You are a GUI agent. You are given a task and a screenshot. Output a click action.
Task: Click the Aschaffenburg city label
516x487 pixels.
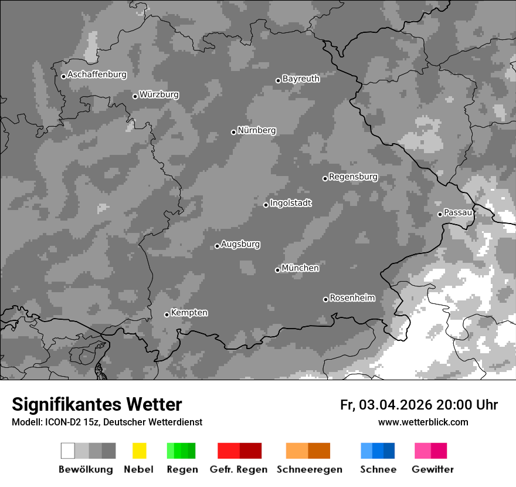[97, 75]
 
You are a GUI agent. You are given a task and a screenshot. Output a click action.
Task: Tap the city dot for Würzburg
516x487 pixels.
[135, 96]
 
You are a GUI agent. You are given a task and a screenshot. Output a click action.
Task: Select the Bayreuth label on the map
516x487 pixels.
[301, 79]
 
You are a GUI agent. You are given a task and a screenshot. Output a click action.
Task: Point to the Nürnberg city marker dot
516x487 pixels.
[233, 132]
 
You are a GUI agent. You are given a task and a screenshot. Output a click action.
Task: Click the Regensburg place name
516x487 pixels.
[353, 177]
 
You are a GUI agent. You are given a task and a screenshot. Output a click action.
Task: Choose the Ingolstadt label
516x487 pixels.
[290, 203]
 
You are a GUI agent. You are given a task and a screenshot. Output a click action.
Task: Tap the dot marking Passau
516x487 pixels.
[440, 214]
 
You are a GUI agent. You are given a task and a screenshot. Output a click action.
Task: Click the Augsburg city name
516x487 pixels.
[240, 244]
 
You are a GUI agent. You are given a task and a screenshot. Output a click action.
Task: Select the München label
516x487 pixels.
[300, 268]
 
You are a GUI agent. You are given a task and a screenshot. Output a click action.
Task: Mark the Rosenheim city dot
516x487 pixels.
[325, 300]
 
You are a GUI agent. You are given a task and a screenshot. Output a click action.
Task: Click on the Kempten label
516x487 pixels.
[189, 313]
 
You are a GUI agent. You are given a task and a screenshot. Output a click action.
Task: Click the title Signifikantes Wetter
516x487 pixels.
[97, 405]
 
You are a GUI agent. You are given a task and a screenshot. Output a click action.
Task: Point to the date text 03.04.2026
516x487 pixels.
[395, 405]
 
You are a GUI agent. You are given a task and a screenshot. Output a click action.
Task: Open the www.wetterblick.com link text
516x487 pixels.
[423, 422]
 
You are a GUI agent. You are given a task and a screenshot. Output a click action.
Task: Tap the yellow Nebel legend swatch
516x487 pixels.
[139, 451]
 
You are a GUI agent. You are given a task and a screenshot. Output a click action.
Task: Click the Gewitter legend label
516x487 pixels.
[432, 469]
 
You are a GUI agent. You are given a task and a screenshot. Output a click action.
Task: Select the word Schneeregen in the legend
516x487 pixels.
[309, 469]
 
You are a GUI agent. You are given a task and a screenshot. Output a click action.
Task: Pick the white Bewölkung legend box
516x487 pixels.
[67, 451]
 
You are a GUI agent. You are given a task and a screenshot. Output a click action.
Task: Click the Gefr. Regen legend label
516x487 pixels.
[238, 469]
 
